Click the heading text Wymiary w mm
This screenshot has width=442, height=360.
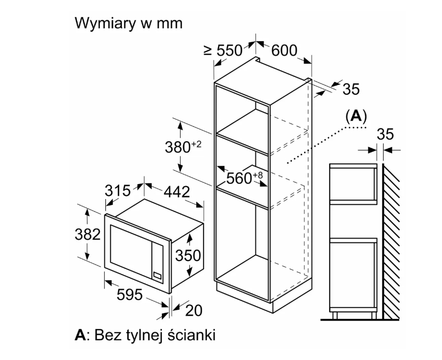tap(129, 24)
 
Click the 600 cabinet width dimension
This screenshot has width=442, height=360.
tap(284, 50)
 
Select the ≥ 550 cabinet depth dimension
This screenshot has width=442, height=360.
tap(223, 50)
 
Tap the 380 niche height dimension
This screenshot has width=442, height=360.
tap(183, 147)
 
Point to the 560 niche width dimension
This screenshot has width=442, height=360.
tap(244, 178)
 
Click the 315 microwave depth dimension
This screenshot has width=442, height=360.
tap(118, 191)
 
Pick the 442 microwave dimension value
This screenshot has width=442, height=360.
tap(177, 192)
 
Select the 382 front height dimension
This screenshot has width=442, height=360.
tap(88, 234)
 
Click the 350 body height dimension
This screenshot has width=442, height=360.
tap(188, 256)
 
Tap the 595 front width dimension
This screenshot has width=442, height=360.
tap(130, 295)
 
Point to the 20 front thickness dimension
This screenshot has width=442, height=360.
tap(194, 311)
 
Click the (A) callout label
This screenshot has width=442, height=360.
tap(356, 116)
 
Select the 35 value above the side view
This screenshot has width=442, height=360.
tap(385, 134)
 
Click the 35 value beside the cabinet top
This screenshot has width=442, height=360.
tap(351, 89)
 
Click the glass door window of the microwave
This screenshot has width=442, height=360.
tap(130, 251)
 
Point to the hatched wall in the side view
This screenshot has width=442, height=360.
tap(391, 241)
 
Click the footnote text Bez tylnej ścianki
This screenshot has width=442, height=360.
tap(155, 335)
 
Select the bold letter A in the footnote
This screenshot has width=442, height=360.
tap(80, 335)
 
